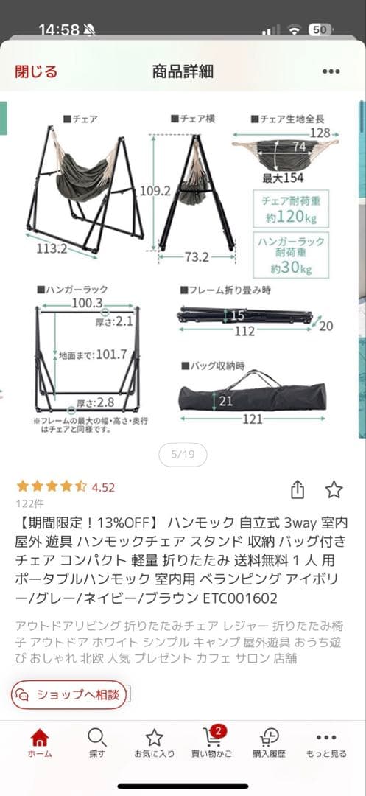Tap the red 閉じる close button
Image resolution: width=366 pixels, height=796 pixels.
pos(36,71)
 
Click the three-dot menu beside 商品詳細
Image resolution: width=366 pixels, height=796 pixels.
pos(330,71)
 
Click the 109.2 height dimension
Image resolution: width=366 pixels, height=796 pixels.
pos(155,190)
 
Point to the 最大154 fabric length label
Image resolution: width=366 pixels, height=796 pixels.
pos(284,178)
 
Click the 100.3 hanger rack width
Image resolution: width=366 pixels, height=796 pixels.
pos(87,304)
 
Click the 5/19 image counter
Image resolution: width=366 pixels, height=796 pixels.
pos(183,455)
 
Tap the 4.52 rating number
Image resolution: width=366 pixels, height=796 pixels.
pos(104,487)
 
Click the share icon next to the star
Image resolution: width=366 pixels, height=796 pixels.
pos(298,489)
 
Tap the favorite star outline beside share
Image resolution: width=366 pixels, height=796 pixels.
pos(334,489)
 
